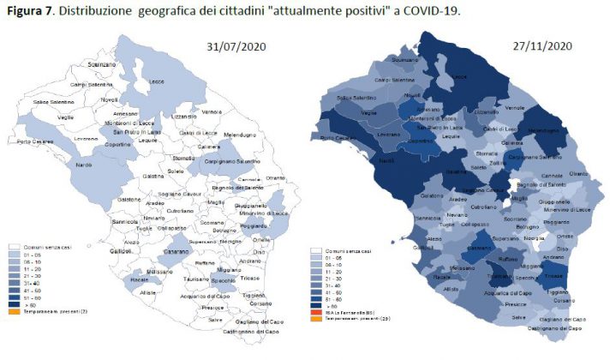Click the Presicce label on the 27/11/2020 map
pyautogui.click(x=517, y=304)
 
